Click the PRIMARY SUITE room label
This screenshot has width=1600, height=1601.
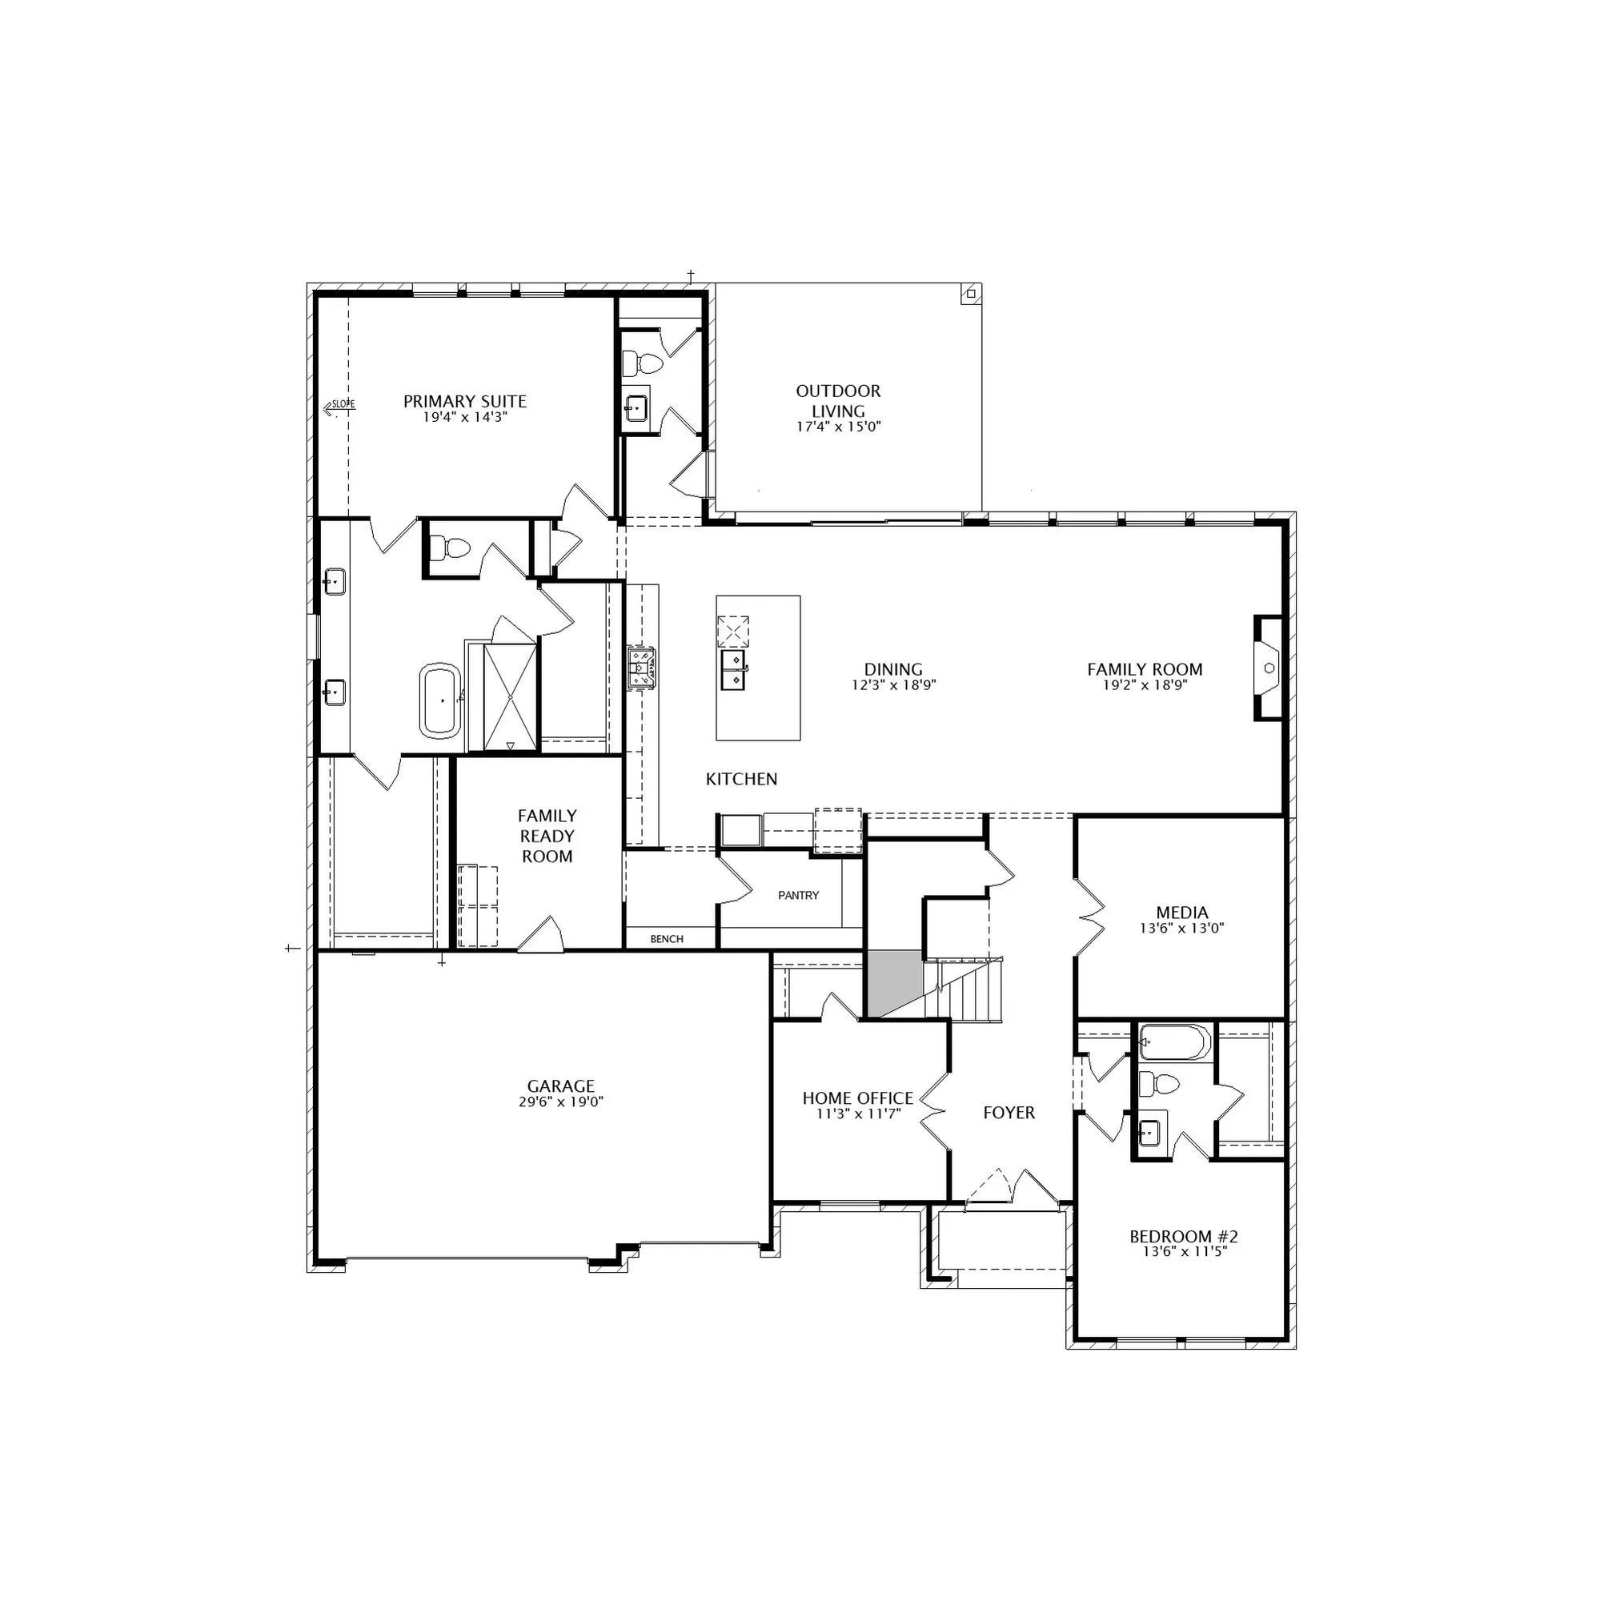pos(465,402)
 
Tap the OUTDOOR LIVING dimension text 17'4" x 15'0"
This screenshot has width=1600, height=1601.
pos(838,427)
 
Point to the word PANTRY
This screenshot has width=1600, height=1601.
pos(799,895)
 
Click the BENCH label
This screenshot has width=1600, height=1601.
pos(667,939)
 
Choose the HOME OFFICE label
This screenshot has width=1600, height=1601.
pos(857,1098)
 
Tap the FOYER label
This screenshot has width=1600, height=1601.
pos(1009,1113)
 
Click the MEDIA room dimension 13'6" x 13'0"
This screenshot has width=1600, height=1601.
pos(1181,929)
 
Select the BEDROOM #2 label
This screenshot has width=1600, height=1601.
pos(1183,1238)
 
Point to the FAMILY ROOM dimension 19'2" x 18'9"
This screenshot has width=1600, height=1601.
pos(1145,685)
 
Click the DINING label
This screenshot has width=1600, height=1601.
pos(893,669)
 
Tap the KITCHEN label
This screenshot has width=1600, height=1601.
pos(742,779)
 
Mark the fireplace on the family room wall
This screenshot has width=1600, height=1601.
pos(1268,668)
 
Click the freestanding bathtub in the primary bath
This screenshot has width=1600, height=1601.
pos(441,700)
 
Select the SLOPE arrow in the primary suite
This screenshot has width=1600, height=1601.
pos(339,405)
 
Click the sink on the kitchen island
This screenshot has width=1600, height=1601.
pos(733,669)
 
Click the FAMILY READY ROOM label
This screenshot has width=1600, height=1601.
pos(547,837)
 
